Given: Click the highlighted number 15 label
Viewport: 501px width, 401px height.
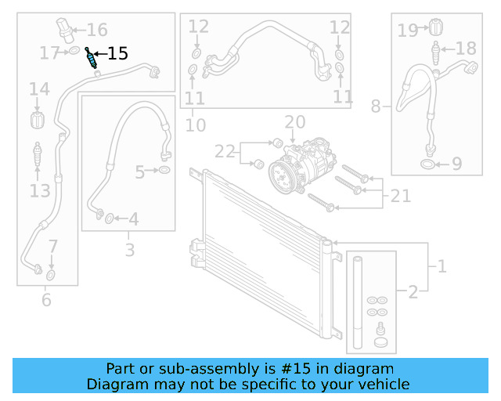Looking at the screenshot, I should coord(117,54).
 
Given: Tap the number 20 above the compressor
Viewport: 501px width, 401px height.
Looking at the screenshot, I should coord(294,122).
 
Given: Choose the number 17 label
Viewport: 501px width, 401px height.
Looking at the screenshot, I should coord(49,53).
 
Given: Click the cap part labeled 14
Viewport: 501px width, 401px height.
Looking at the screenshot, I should coord(36,121).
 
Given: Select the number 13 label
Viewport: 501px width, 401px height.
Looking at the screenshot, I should coord(40,190).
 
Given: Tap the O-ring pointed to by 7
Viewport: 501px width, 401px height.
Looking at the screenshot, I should coord(50,276).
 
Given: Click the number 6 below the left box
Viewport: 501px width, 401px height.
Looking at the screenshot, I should coord(46,299).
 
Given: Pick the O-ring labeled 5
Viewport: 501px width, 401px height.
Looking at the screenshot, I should coord(165,171).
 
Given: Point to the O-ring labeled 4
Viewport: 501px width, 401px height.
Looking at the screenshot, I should coord(110,218).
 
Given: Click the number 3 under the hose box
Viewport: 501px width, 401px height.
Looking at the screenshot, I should coord(129,251).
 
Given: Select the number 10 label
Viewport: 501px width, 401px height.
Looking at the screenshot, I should coord(196,124).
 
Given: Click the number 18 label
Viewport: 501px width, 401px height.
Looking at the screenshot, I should coord(465,49).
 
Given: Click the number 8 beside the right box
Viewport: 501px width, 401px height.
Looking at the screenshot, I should coord(376,106).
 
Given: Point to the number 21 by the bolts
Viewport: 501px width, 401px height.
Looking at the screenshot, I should coord(400,196).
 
